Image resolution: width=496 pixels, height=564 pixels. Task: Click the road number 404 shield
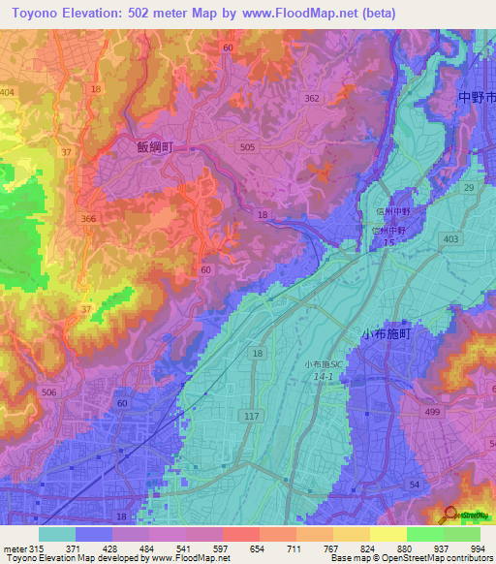click(8, 92)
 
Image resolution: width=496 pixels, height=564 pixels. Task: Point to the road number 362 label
click(311, 98)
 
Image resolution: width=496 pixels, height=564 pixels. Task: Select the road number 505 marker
click(247, 147)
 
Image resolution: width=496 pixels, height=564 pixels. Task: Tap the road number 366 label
click(89, 219)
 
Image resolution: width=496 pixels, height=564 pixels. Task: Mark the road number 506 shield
click(48, 392)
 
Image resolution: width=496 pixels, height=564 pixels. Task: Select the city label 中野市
click(477, 99)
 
